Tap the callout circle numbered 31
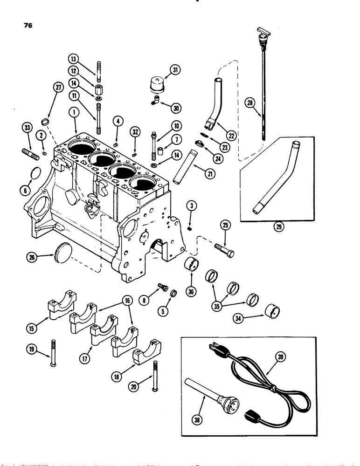175,70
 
